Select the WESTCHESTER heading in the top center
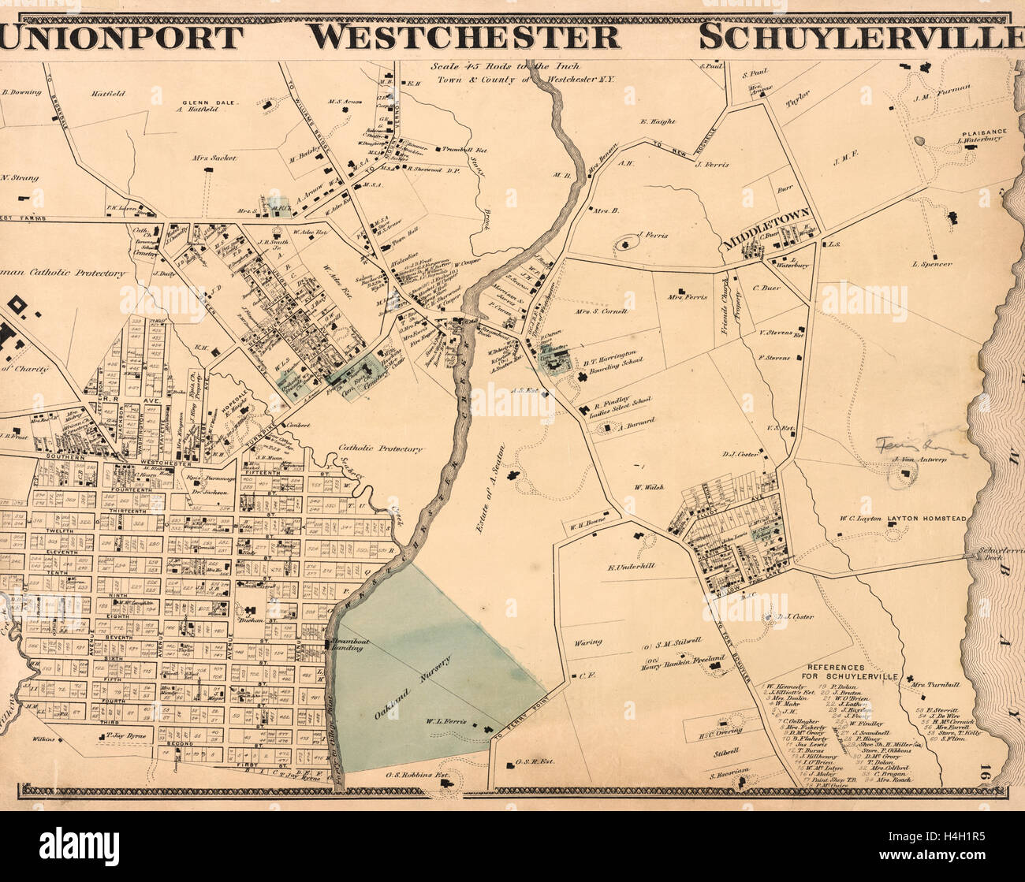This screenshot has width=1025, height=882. coord(463,37)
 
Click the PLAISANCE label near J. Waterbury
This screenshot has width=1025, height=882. coord(982,135)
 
